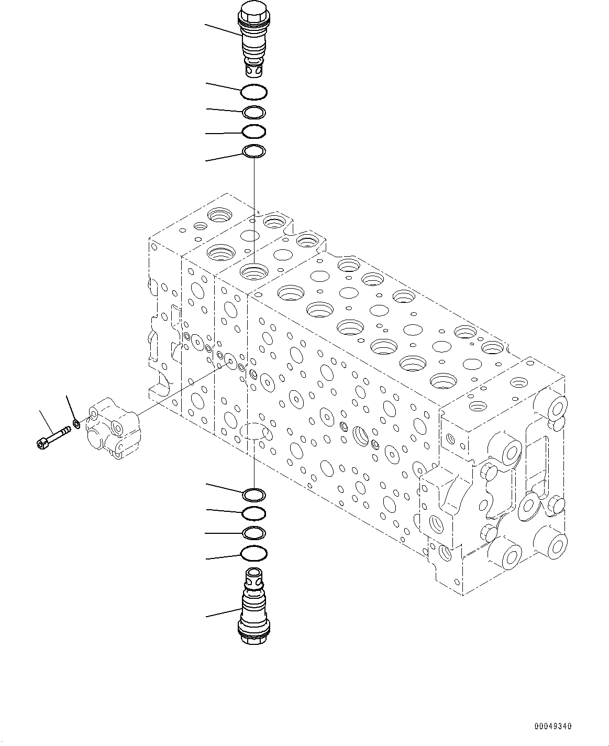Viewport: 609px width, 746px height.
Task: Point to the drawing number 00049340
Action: click(x=553, y=727)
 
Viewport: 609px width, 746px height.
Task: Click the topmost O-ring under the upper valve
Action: click(x=254, y=93)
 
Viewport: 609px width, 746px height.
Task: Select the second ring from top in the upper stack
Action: click(x=254, y=112)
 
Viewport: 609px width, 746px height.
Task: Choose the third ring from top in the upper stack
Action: click(x=254, y=131)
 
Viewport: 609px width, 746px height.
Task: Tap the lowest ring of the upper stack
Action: click(x=254, y=151)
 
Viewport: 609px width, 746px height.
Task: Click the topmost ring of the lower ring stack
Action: click(x=254, y=493)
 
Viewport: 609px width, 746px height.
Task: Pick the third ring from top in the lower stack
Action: click(x=254, y=533)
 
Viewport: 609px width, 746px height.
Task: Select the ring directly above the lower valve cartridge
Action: click(x=254, y=553)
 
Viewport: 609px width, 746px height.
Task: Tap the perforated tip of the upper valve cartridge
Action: click(x=253, y=68)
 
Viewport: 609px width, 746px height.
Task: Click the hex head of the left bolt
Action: click(x=42, y=444)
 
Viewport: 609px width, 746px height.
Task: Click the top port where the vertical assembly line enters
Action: click(x=253, y=272)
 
